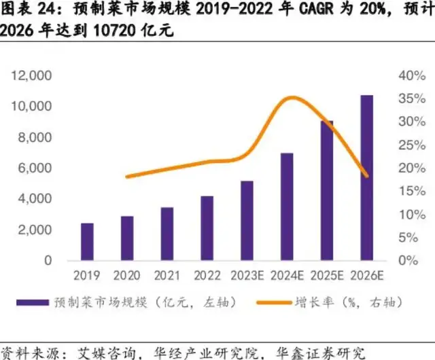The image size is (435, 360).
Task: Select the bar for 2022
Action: coord(207,228)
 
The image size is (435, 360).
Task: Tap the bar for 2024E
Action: coord(287,206)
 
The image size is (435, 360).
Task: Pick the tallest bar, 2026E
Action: coord(367,177)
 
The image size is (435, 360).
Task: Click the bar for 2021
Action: coord(167,234)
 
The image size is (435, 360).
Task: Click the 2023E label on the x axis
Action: coord(247,275)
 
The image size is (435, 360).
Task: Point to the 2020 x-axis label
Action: coord(126,275)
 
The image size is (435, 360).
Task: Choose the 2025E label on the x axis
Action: coord(327,275)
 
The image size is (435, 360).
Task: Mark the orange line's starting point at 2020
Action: coord(127,177)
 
